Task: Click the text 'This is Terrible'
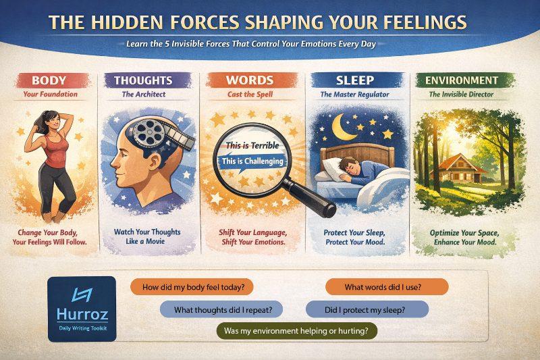[x=248, y=145]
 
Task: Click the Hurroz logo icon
[x=81, y=295]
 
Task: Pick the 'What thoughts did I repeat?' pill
[x=221, y=309]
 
